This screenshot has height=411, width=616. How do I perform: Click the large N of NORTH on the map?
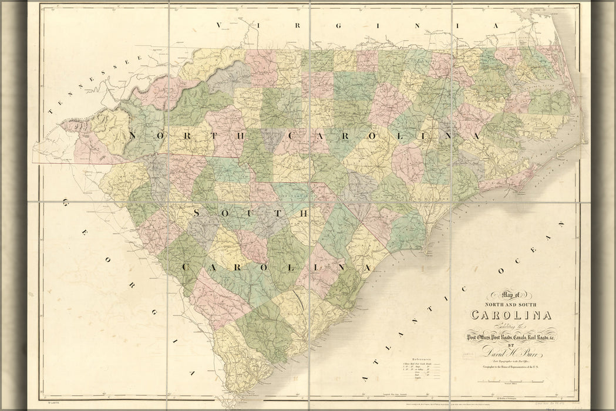pyautogui.click(x=133, y=136)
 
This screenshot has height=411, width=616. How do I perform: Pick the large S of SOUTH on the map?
pyautogui.click(x=197, y=213)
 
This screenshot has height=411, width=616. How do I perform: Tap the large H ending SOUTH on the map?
pyautogui.click(x=304, y=213)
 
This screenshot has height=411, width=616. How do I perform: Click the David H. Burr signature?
pyautogui.click(x=508, y=352)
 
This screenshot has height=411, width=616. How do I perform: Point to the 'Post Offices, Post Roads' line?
pyautogui.click(x=509, y=337)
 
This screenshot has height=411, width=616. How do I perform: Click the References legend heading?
pyautogui.click(x=421, y=358)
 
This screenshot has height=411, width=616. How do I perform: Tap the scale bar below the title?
pyautogui.click(x=509, y=382)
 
